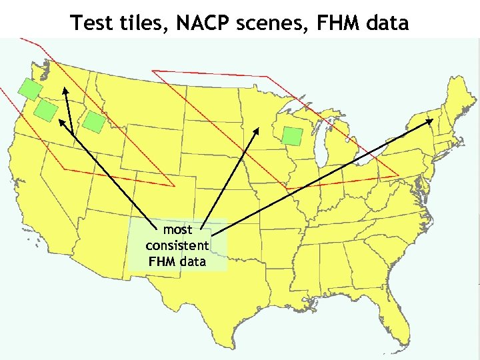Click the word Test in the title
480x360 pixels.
(91, 23)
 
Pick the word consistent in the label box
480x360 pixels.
(177, 245)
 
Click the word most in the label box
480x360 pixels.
(177, 230)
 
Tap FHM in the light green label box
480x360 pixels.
(163, 261)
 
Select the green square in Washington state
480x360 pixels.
(29, 89)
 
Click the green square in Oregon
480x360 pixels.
(46, 111)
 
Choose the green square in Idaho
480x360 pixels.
(94, 121)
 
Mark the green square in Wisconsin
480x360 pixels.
(291, 135)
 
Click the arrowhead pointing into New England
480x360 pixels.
(430, 121)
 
